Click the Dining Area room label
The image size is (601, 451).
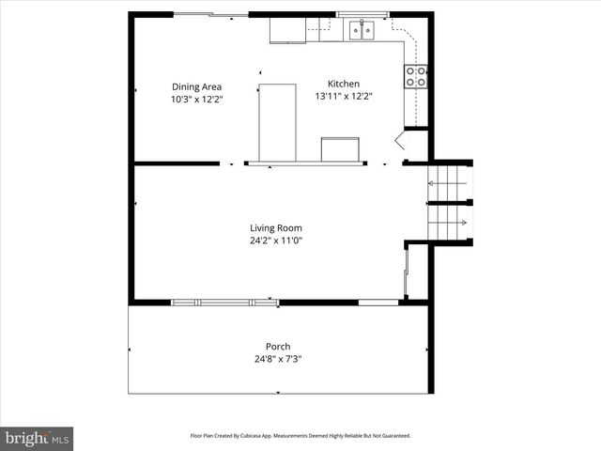point(196,86)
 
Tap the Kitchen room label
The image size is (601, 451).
point(343,84)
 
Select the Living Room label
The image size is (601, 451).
point(275,227)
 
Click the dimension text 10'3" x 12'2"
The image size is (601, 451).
point(196,99)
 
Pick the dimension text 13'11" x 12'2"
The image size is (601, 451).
point(344,96)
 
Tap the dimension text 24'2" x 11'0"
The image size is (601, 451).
point(275,240)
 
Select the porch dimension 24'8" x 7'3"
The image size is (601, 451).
point(277,359)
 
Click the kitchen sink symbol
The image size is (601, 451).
point(362,31)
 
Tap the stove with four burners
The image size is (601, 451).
point(416,76)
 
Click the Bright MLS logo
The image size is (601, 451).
point(37,438)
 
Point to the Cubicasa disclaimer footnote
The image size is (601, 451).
point(300,436)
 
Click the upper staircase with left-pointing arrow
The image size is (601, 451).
point(449,183)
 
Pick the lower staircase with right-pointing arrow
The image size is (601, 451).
point(449,223)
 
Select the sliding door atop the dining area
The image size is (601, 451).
point(211,14)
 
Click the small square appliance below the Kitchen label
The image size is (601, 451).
point(340,150)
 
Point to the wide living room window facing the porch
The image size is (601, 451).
point(224,302)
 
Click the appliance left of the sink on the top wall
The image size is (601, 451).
point(287,30)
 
